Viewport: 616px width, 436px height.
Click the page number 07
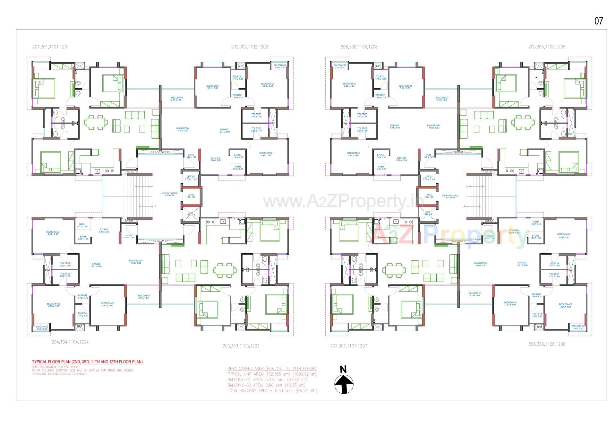599,21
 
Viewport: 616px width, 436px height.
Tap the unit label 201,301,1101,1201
51,47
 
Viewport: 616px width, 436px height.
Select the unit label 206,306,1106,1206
547,344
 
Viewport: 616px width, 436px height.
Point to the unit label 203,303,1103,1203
241,346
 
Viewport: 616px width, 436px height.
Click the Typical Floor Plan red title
87,362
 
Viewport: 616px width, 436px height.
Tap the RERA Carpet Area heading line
272,369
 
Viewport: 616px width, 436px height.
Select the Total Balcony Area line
272,391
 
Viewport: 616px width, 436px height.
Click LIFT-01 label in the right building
429,177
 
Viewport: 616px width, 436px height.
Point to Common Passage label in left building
169,194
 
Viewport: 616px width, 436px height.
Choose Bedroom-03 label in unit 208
349,84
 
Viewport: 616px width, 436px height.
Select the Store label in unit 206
535,236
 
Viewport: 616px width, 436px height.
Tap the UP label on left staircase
155,207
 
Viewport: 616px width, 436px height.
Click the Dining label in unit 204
96,264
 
